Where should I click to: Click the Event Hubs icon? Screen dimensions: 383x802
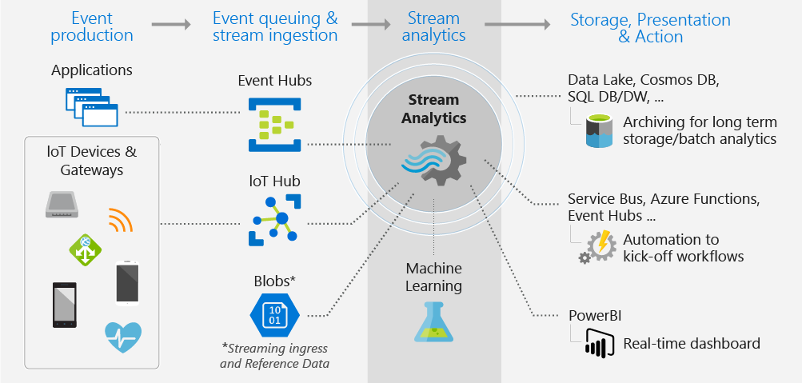pyautogui.click(x=274, y=124)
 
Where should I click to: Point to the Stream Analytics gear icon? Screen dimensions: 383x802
pyautogui.click(x=433, y=159)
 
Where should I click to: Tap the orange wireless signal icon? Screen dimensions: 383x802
pyautogui.click(x=120, y=219)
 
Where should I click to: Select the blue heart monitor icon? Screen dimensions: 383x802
pyautogui.click(x=123, y=337)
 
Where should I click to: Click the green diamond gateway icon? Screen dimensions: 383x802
pyautogui.click(x=85, y=250)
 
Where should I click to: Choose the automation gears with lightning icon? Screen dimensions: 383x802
pyautogui.click(x=597, y=247)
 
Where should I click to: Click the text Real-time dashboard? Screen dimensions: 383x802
pyautogui.click(x=692, y=345)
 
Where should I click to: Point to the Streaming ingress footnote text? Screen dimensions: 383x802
pyautogui.click(x=274, y=356)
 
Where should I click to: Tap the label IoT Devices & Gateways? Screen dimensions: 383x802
pyautogui.click(x=92, y=161)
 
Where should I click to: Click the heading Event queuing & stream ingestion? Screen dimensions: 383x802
pyautogui.click(x=275, y=26)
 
